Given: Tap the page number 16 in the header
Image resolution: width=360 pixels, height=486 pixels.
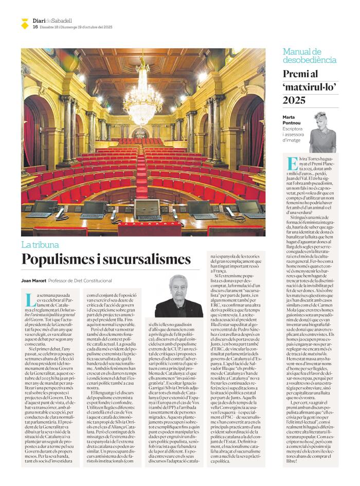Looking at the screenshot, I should click(x=35, y=27).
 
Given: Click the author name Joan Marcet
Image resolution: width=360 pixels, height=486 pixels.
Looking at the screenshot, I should click(x=33, y=281).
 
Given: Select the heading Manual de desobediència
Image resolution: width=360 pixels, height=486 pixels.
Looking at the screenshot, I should click(x=310, y=56).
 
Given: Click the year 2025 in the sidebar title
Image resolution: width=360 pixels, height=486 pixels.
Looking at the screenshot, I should click(x=297, y=99).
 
